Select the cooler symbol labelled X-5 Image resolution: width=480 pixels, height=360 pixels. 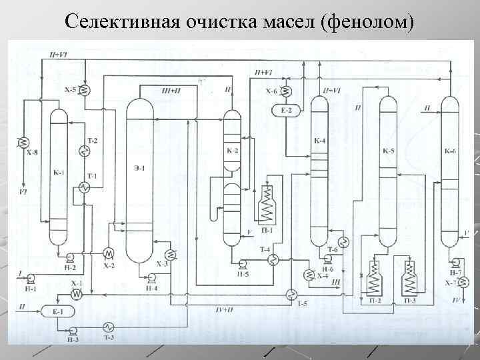coord(87,89)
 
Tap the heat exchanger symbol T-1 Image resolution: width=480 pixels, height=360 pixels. coord(85,188)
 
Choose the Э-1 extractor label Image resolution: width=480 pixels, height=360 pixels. coord(139,168)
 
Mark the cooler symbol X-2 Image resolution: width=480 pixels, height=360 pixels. coord(107,253)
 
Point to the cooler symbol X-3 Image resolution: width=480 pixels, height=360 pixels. coord(171,253)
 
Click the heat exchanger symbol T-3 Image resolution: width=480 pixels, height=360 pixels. coord(107,327)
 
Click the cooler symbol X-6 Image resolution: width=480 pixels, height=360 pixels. coord(287,91)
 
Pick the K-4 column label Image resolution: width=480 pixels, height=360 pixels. coord(319,141)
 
